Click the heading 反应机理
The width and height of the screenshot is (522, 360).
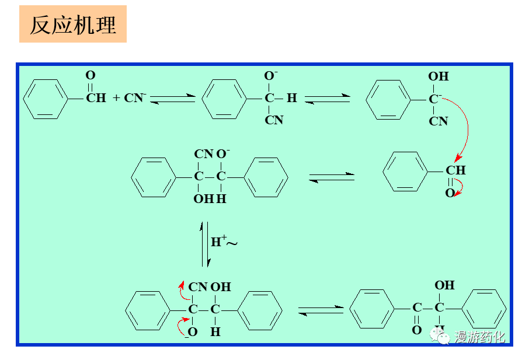pos(73,25)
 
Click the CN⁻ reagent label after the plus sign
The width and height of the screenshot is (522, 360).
pos(135,97)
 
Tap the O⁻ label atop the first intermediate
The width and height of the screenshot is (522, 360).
pos(271,76)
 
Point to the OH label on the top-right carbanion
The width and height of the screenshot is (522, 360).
pos(439,76)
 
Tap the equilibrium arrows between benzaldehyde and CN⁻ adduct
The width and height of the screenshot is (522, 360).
pos(173,99)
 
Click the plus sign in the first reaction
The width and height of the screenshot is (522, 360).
pos(116,98)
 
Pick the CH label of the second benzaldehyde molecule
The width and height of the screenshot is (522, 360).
pos(455,170)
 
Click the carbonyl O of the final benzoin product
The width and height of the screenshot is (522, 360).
pos(416,330)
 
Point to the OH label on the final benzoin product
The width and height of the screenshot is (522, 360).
pos(444,285)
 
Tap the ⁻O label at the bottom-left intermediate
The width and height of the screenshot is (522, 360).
pos(191,332)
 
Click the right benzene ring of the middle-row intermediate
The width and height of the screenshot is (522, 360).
pos(266,177)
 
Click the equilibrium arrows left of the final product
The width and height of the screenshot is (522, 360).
pos(320,310)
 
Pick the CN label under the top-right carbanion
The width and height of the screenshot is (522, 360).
pos(439,121)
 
